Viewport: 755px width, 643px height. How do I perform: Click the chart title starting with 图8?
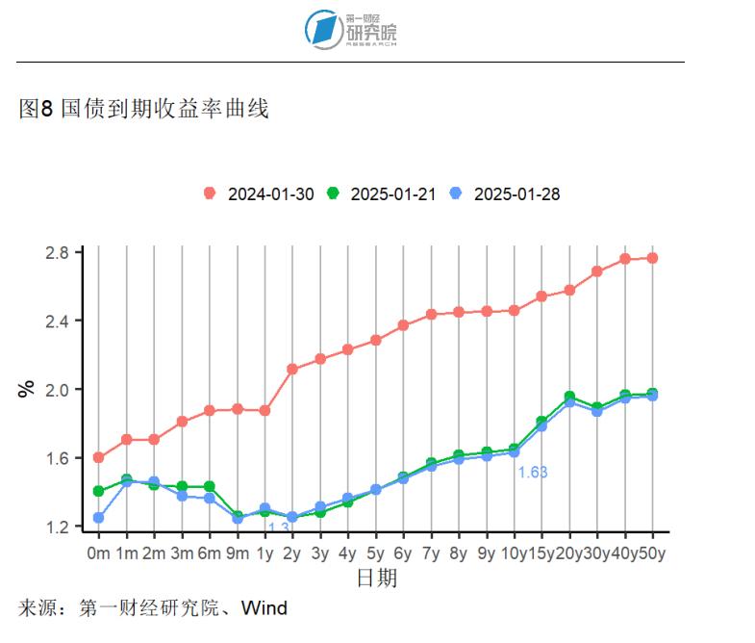[143, 109]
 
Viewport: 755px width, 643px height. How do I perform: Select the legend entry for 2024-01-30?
[260, 193]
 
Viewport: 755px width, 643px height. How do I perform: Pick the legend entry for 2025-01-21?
[382, 193]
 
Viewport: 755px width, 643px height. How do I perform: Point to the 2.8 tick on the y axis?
[57, 252]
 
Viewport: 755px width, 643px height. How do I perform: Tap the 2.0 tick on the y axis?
[57, 390]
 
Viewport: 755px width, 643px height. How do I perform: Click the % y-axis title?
[26, 390]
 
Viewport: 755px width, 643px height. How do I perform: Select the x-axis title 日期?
[376, 578]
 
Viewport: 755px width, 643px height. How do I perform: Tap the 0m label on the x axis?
[98, 553]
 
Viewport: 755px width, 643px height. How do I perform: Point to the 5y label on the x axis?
[375, 553]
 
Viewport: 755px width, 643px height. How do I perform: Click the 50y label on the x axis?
[653, 553]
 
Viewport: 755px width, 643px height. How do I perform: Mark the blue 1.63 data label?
[532, 473]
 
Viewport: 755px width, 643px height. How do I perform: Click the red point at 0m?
[98, 457]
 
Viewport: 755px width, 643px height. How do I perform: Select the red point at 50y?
[653, 258]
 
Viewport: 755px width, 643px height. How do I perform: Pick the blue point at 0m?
[98, 518]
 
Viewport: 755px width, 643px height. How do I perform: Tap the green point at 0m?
[98, 491]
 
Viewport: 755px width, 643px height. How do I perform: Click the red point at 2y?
[292, 369]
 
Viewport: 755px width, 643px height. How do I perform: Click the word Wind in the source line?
[264, 608]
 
